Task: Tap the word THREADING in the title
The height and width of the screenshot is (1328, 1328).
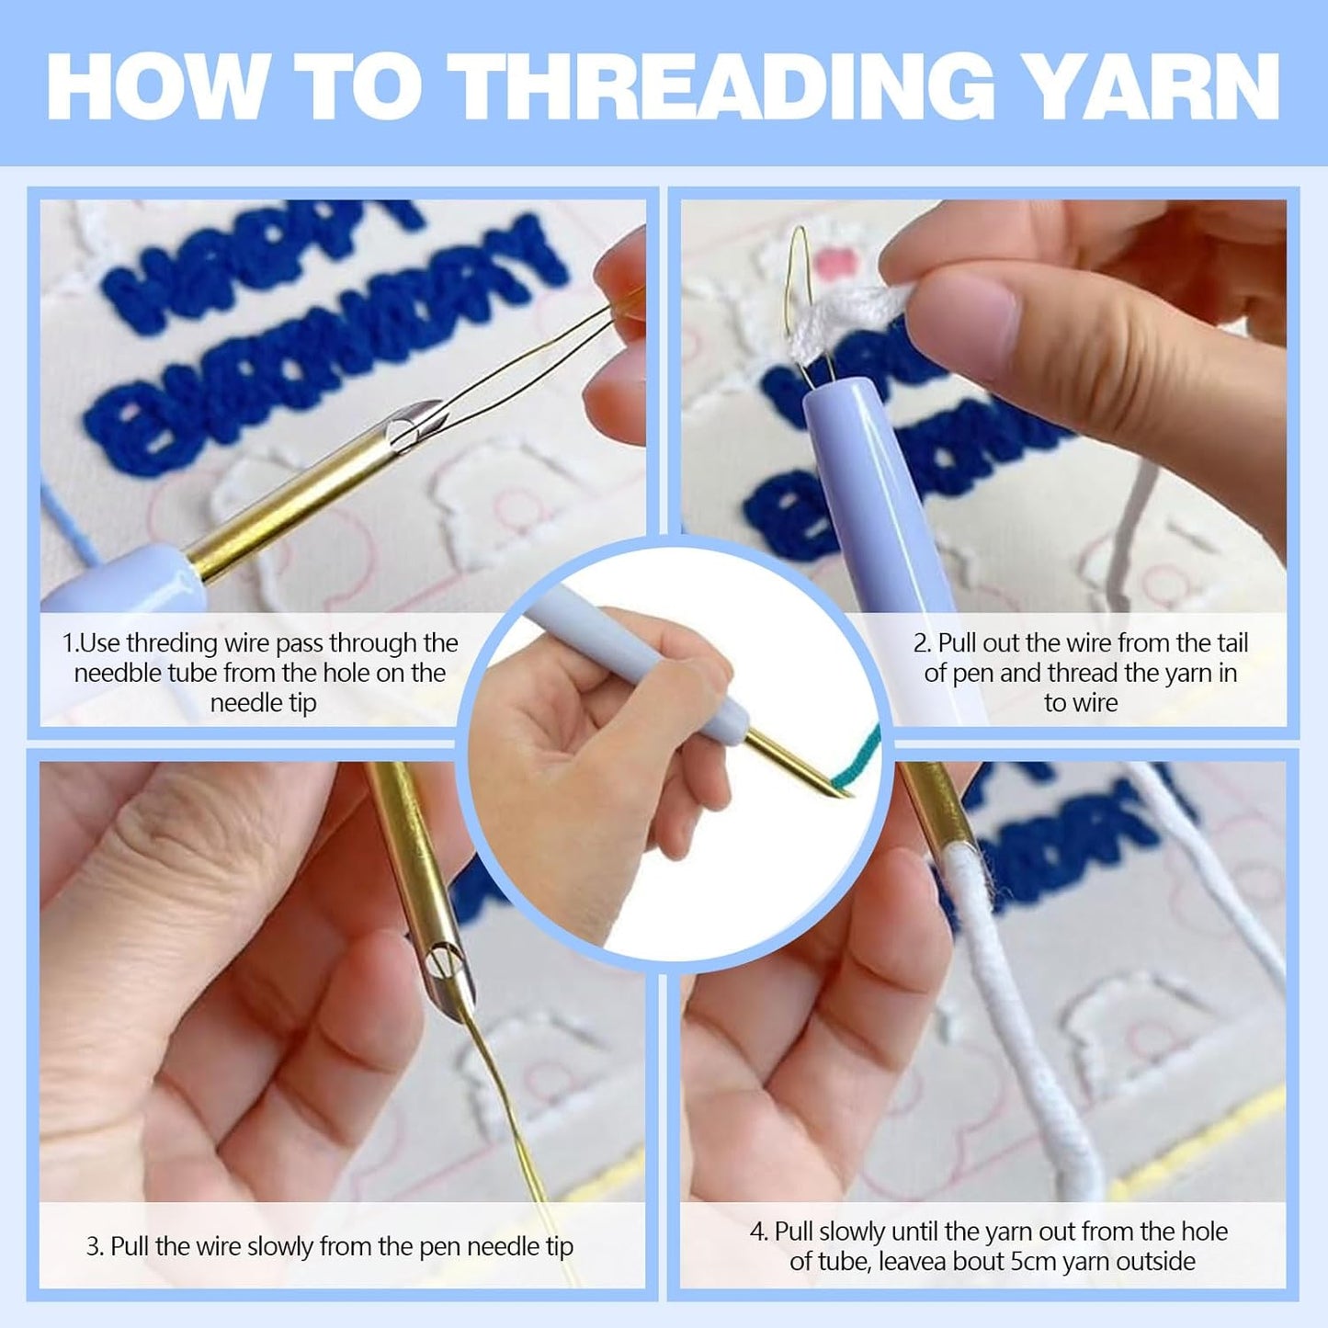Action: pyautogui.click(x=725, y=85)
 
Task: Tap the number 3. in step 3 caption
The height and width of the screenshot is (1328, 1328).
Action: pyautogui.click(x=95, y=1247)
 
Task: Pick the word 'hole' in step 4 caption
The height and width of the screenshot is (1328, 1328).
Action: pyautogui.click(x=1204, y=1232)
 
